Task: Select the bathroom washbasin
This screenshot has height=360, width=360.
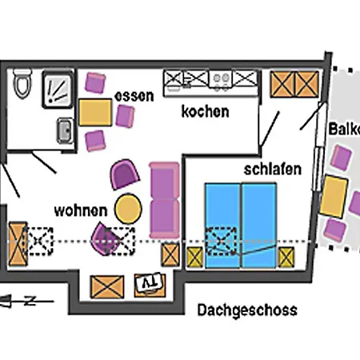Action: pos(64,129)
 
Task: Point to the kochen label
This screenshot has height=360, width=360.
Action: pos(205,111)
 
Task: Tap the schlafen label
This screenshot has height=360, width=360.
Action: pos(273,170)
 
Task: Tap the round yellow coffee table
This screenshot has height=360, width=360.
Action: pos(128,207)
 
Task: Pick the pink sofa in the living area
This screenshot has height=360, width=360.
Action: pos(164,198)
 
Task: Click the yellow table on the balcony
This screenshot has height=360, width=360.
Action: pos(334,194)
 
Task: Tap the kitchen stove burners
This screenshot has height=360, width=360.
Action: pos(221,79)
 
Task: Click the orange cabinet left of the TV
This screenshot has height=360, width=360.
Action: pos(107,286)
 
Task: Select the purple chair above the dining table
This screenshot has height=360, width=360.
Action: pos(97,82)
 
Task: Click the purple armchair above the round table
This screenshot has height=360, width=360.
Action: pos(125,174)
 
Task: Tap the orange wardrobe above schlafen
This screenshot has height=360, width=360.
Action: pos(294,84)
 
